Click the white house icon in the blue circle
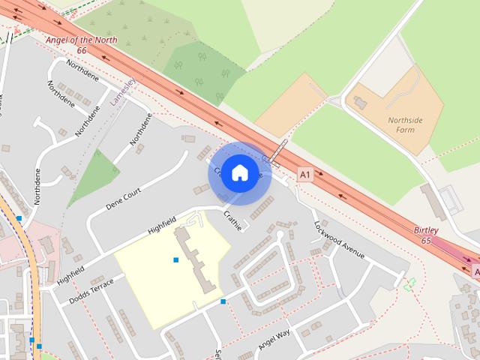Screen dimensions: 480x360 239,172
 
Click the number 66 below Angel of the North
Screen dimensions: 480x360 81,50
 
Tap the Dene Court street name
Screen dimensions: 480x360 124,199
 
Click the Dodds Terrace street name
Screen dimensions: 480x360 91,290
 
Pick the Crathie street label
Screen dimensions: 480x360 233,221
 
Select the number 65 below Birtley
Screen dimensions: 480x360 426,241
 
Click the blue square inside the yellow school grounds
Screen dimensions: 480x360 176,260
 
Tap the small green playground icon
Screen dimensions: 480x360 409,284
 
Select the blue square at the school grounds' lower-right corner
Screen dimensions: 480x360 223,301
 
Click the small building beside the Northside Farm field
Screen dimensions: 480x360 359,102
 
